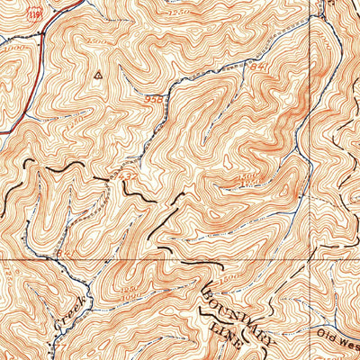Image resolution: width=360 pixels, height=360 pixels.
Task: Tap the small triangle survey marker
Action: (x=96, y=76)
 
